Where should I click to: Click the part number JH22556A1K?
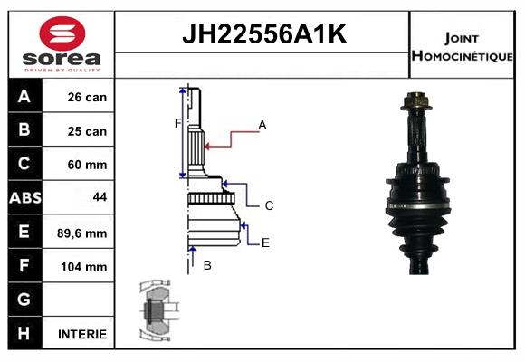[x=264, y=34]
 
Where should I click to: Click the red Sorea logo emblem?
[x=62, y=33]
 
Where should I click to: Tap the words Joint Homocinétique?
[x=462, y=47]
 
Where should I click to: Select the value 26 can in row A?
[x=87, y=97]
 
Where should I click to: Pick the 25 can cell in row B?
[x=87, y=131]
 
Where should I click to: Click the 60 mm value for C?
[x=87, y=165]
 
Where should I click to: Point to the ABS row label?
[x=25, y=197]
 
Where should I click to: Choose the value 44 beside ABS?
[x=100, y=197]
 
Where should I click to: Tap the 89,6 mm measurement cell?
[x=82, y=233]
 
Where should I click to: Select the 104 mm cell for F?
[x=84, y=267]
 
